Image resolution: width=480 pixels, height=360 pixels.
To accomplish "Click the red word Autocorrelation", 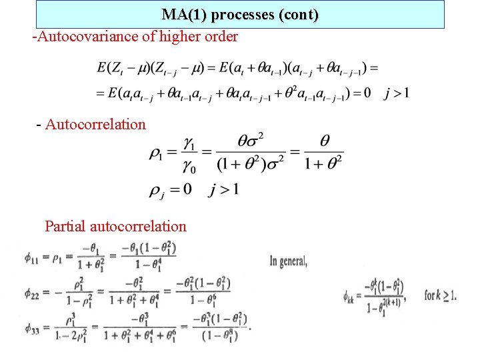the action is click(95, 124).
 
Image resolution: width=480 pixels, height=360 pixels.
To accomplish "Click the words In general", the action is click(288, 261).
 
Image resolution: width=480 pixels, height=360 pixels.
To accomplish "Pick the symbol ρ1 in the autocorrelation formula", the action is click(156, 153).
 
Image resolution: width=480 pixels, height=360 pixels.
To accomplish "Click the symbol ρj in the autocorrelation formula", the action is click(157, 191).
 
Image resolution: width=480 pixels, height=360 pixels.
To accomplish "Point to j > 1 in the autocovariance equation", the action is click(397, 93).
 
